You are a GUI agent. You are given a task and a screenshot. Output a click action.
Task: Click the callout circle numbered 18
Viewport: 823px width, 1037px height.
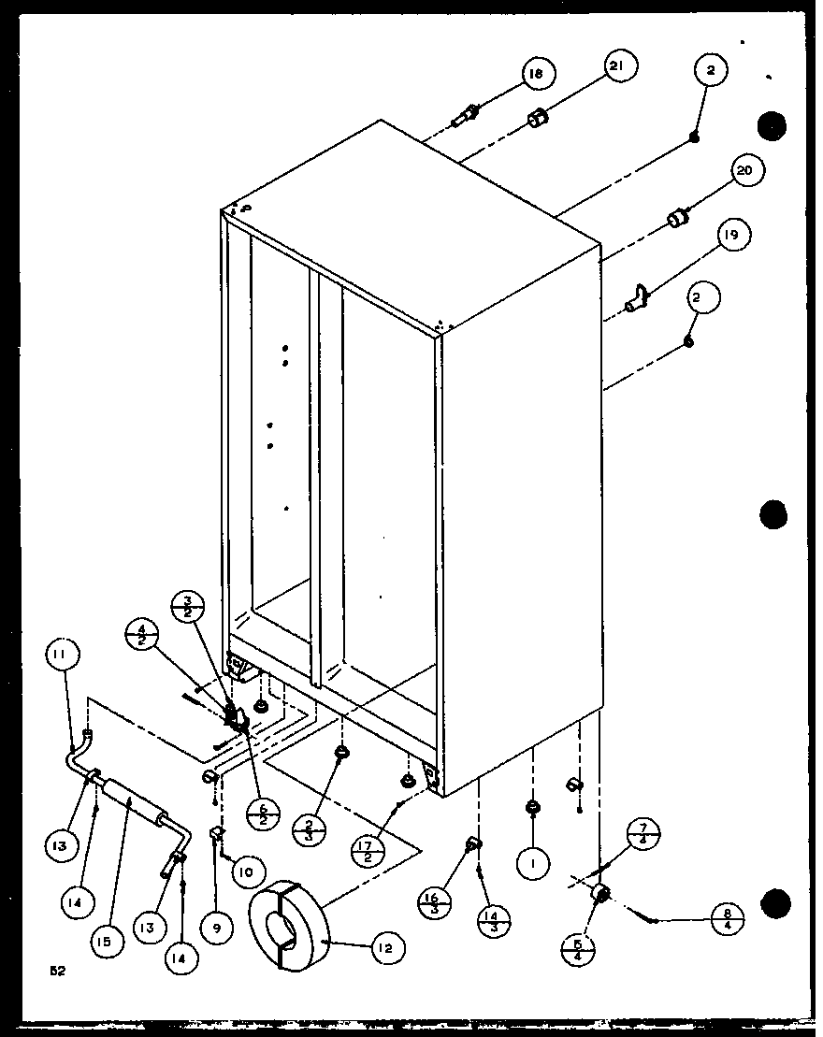click(539, 74)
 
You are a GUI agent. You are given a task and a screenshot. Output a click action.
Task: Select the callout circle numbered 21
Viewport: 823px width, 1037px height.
click(620, 66)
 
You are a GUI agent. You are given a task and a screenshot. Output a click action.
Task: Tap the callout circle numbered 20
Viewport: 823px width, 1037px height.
click(745, 171)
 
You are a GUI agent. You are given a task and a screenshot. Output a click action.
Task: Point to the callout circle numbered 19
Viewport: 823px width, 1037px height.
click(731, 236)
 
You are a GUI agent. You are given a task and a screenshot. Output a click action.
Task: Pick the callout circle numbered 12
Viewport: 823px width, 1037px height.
click(386, 948)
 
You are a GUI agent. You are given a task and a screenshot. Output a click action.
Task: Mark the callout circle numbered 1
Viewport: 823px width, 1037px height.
click(533, 866)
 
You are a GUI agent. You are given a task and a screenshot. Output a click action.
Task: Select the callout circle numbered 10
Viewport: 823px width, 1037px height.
click(243, 873)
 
